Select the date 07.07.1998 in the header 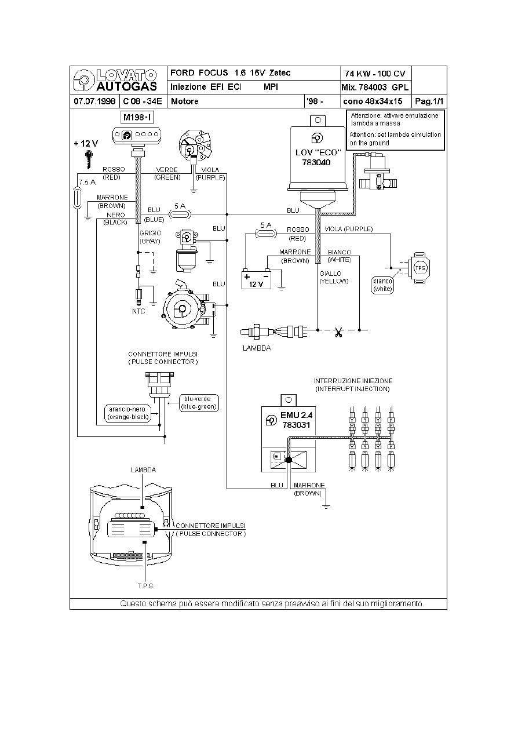[x=94, y=101]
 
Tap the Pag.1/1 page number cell [x=429, y=101]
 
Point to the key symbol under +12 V [x=89, y=157]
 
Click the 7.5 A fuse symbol [x=77, y=197]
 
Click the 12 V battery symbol [x=256, y=279]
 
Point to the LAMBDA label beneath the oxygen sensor [x=257, y=348]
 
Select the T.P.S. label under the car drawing [x=145, y=586]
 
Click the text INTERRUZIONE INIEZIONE [x=353, y=381]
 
